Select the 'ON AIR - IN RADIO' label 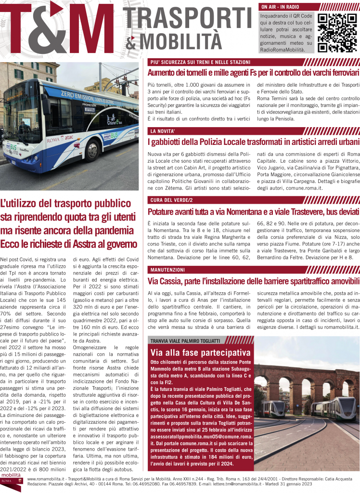pos(280,7)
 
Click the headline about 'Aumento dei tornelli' pos(254,73)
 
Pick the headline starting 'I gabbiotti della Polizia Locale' pos(254,142)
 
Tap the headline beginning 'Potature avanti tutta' pos(254,211)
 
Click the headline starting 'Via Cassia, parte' pos(254,280)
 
